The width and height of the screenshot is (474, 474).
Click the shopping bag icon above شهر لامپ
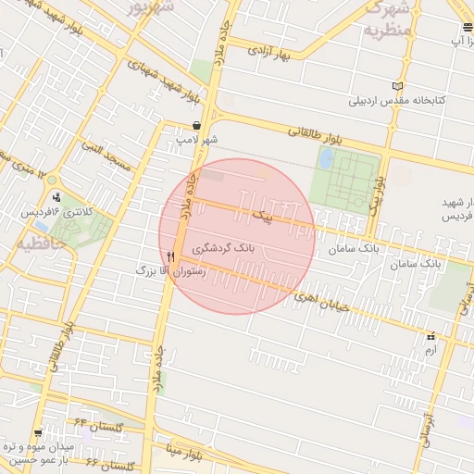coord(196,126)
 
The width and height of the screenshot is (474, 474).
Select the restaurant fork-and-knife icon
coord(171,257)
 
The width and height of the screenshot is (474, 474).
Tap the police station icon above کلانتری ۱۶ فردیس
coord(58,196)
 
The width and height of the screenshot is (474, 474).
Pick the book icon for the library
coord(397,86)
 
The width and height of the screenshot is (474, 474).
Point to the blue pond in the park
coord(326,158)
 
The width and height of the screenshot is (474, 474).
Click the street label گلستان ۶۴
coord(106,427)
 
